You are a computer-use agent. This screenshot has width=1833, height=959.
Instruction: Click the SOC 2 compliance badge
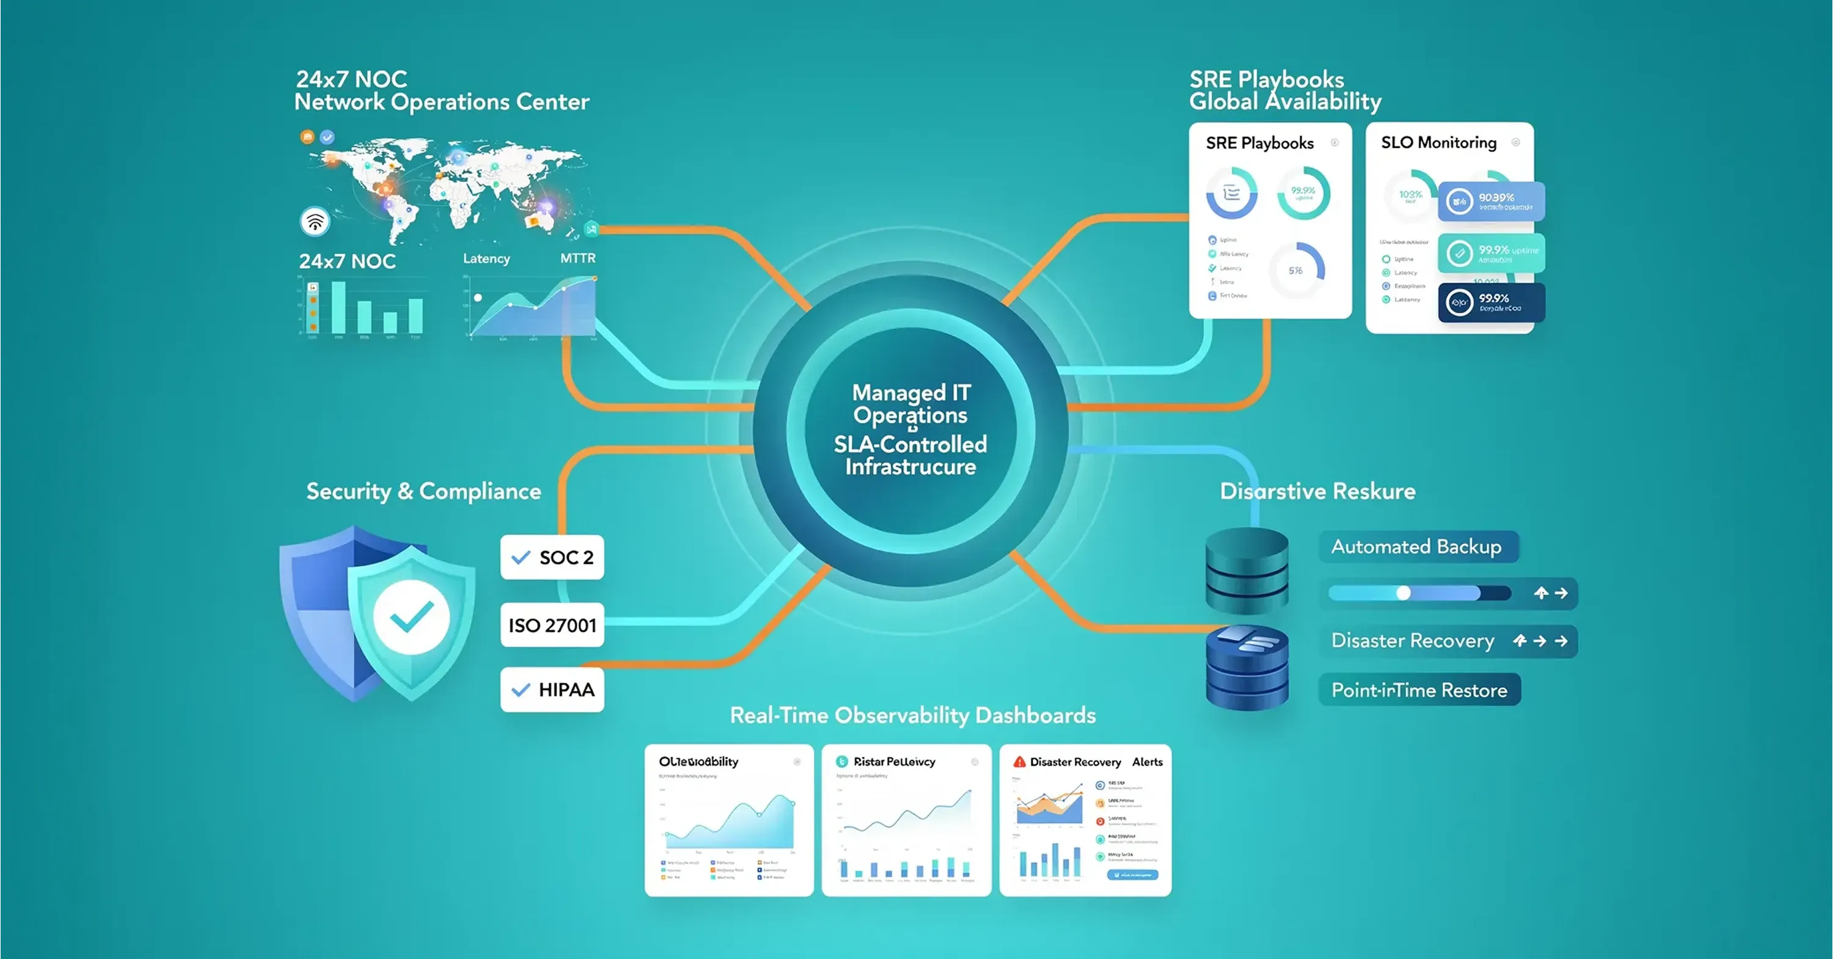click(552, 557)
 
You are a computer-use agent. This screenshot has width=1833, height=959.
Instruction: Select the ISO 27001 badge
click(552, 625)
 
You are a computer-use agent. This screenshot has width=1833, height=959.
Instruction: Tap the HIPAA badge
click(552, 690)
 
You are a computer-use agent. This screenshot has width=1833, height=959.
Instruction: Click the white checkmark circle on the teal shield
click(411, 617)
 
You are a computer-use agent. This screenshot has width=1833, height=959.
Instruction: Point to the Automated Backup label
click(1417, 546)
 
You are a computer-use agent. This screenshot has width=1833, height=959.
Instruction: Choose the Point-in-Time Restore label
click(1419, 690)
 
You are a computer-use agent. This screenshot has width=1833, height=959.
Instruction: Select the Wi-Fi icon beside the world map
click(315, 221)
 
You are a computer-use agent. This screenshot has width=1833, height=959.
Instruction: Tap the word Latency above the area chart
click(487, 258)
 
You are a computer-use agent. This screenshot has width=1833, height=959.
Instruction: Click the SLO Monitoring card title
click(1439, 142)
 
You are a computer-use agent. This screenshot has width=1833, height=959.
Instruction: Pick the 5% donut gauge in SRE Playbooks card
click(1297, 271)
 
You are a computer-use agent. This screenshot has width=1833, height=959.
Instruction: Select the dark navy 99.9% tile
click(1491, 302)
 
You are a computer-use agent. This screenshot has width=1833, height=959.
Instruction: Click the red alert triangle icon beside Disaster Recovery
click(1019, 762)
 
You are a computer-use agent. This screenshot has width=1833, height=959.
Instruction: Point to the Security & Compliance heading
click(423, 491)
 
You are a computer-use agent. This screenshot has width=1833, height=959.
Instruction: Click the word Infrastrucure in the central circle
click(911, 467)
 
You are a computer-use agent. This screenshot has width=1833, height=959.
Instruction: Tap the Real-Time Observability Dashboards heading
click(913, 715)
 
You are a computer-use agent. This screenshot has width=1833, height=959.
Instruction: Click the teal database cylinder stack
click(1246, 571)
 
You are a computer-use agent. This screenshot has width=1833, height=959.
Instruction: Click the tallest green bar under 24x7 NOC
click(338, 307)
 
